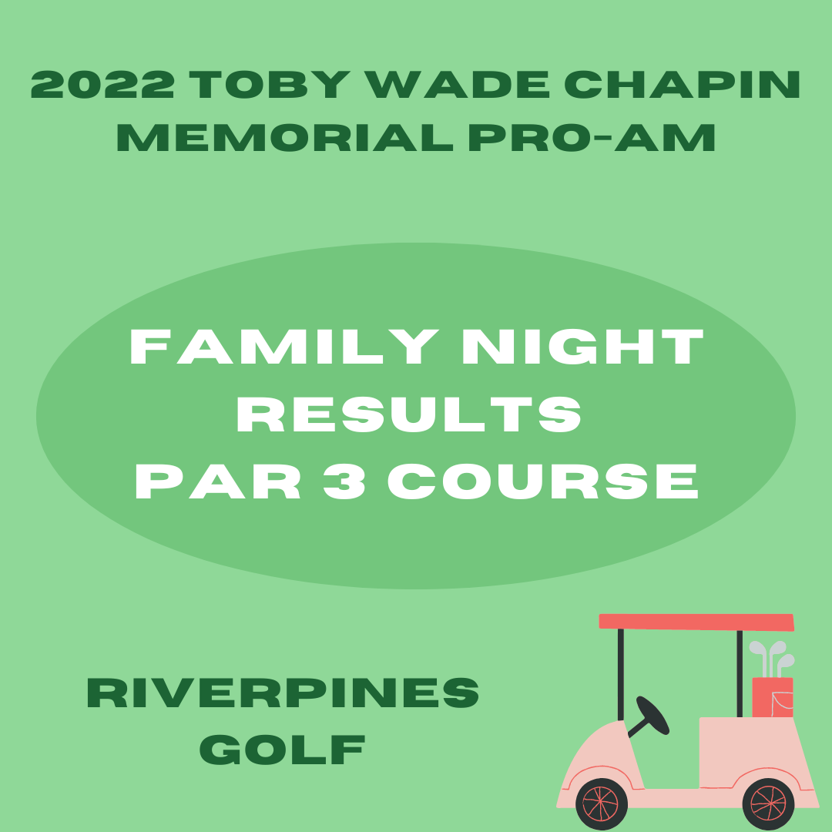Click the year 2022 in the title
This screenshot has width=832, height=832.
(102, 85)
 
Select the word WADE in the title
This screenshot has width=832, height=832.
(456, 85)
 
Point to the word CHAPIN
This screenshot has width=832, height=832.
(682, 85)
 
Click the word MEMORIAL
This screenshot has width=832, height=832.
(285, 137)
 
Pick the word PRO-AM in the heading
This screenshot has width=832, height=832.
(592, 137)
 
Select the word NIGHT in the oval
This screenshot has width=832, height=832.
(582, 347)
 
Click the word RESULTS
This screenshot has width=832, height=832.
(409, 414)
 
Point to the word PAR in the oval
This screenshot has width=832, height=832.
(217, 481)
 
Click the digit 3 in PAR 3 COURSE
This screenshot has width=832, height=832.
(344, 481)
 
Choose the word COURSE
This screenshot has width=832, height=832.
(543, 481)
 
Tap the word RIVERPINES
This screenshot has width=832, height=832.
(283, 693)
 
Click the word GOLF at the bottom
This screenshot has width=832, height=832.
(282, 750)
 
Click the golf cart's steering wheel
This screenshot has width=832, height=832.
(653, 715)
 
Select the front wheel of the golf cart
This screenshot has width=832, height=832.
(602, 804)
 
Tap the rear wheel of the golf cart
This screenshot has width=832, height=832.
(768, 804)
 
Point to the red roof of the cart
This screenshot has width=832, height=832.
(696, 622)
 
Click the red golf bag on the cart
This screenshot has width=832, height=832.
(773, 697)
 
